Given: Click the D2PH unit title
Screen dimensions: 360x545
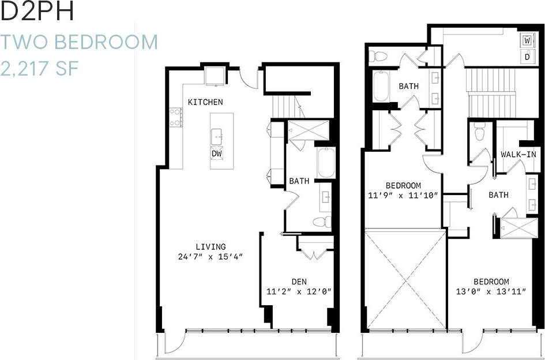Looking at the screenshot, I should (38, 12).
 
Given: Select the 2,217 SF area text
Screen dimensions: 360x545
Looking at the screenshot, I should (39, 69).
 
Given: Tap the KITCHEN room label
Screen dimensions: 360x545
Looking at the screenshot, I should (205, 102).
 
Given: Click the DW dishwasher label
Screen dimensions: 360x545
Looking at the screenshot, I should (217, 154).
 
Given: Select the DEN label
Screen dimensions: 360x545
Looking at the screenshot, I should (299, 282).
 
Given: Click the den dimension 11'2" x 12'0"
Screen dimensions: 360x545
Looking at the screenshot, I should (299, 291).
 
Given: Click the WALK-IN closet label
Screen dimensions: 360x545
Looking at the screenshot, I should (518, 155).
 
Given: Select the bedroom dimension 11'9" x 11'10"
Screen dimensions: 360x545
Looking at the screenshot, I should (403, 196).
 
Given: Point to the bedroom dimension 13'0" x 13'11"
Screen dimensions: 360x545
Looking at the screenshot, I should (491, 292).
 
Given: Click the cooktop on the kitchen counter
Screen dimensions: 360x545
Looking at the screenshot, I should (175, 117).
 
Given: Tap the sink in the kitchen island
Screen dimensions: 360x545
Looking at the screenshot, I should (217, 137).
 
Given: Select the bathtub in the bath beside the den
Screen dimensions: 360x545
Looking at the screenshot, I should (325, 163).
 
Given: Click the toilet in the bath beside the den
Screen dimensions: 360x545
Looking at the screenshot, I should (322, 222).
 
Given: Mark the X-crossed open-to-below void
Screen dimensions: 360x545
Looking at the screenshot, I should (406, 279).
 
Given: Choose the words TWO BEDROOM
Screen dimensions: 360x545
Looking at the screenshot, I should (79, 42).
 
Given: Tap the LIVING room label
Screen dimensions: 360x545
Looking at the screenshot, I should (210, 246).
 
